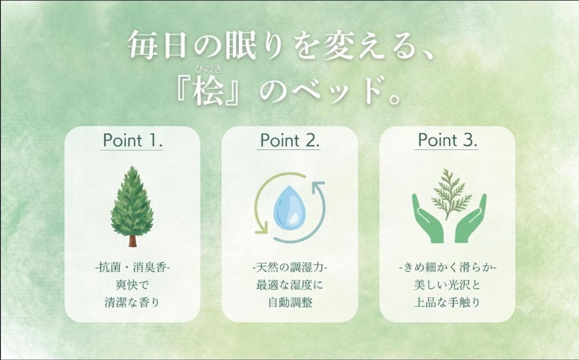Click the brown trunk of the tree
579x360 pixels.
click(132, 241)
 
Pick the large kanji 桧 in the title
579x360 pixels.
click(208, 90)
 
